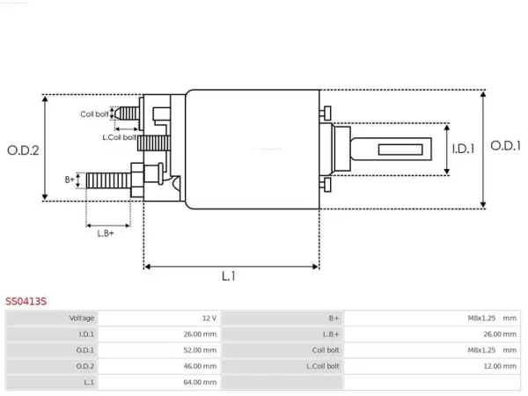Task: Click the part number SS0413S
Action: pos(26,301)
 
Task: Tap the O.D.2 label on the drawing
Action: pos(23,150)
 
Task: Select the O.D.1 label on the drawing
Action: pos(505,146)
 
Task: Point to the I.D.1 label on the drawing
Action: pos(463,149)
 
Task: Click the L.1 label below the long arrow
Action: pos(229,276)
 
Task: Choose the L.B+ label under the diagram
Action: pos(106,233)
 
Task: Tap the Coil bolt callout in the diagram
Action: pos(94,114)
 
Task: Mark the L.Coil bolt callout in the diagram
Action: pos(119,137)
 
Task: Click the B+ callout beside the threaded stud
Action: pos(70,180)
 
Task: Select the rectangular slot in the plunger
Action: pos(400,150)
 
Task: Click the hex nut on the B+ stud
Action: pos(137,180)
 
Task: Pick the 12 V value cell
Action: pos(209,319)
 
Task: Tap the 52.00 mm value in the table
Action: pos(200,350)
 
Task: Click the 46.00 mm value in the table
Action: pos(200,366)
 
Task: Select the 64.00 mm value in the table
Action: pos(200,382)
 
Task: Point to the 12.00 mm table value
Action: pos(500,366)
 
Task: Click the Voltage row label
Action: pos(82,319)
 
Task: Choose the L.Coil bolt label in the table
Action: pos(323,366)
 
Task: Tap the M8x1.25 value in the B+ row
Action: pos(481,319)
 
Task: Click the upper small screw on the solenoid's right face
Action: pos(326,113)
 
